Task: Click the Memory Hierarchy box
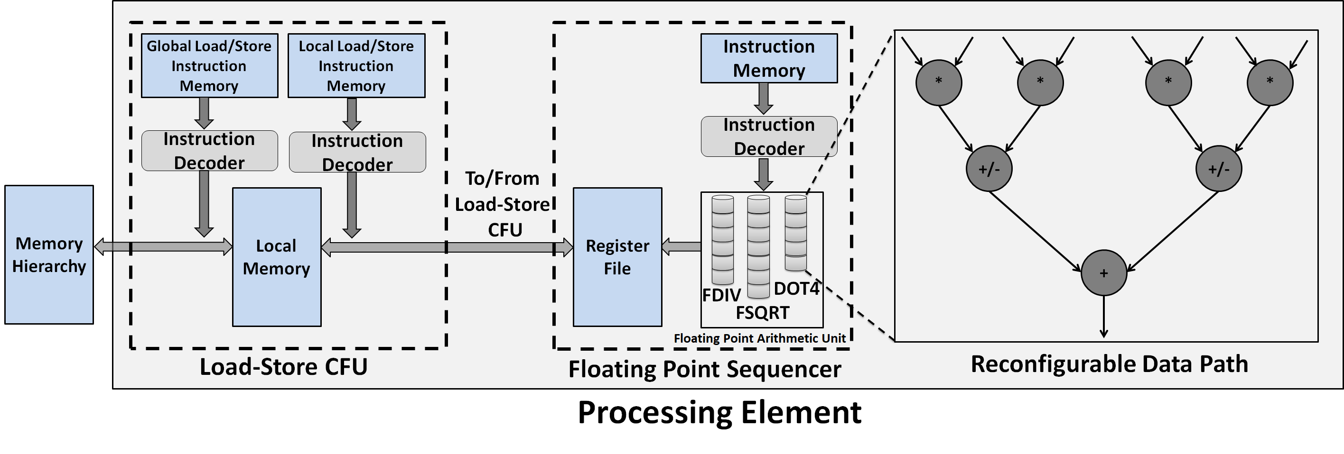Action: pos(49,254)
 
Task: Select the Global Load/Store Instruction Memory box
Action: pos(209,66)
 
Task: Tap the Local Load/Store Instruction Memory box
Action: pos(356,66)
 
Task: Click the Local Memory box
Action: pos(277,257)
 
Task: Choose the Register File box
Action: pos(617,257)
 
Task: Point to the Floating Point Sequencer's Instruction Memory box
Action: pos(768,58)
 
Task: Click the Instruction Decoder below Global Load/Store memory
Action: pos(209,151)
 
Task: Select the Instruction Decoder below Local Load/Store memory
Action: pos(357,152)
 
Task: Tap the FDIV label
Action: pos(721,296)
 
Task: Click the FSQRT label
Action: pos(762,313)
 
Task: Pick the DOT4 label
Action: pos(796,289)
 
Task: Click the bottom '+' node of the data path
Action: pos(1103,273)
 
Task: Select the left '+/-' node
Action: pos(989,169)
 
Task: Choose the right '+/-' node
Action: pos(1218,169)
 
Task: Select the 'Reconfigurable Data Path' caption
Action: pos(1109,364)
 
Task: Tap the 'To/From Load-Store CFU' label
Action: pos(503,204)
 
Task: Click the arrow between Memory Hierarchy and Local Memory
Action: pos(163,246)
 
